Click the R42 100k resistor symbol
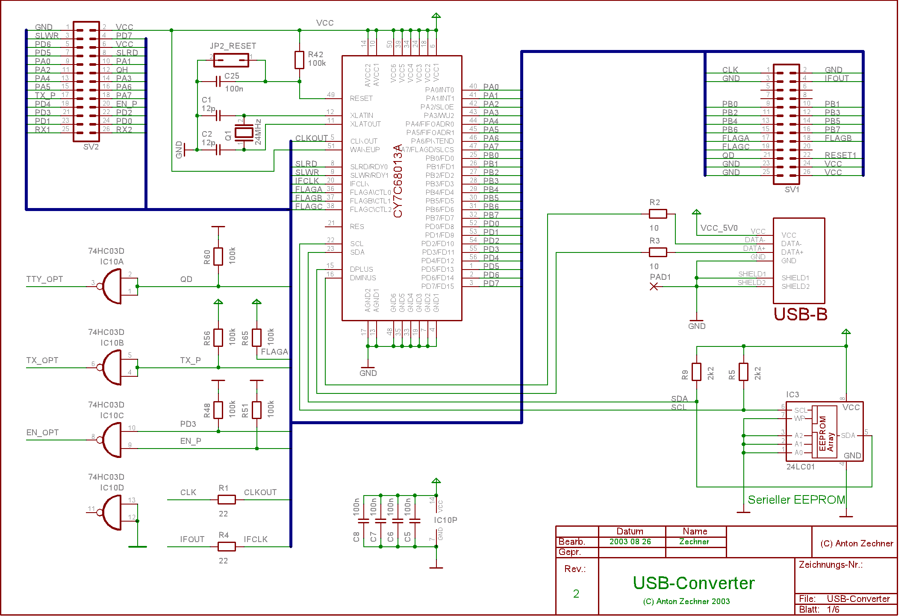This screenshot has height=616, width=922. tap(299, 60)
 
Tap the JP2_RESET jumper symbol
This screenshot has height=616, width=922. tap(231, 60)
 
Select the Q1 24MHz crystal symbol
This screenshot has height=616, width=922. tap(244, 132)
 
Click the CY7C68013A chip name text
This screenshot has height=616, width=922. tap(398, 181)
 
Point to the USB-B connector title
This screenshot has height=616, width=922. tap(801, 314)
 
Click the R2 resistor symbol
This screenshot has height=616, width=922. tap(658, 214)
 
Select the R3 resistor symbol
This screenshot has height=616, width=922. tap(658, 252)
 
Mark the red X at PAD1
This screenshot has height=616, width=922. tap(654, 287)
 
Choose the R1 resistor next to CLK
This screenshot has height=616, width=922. tap(227, 499)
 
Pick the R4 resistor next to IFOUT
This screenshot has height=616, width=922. tap(227, 546)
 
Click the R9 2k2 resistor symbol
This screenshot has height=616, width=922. tap(697, 372)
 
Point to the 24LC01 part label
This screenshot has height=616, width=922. tap(801, 467)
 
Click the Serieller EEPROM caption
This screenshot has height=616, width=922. tap(796, 500)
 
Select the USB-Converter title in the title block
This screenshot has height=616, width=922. tap(694, 583)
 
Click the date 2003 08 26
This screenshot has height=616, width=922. tap(630, 542)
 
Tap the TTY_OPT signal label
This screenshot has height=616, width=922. tap(44, 279)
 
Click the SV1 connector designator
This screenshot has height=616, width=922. tap(792, 189)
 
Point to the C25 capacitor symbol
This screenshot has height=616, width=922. tap(218, 81)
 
